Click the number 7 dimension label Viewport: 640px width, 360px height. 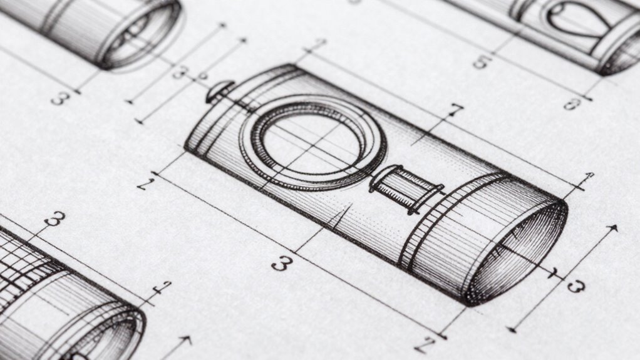click(455, 111)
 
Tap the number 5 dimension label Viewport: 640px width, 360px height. click(482, 61)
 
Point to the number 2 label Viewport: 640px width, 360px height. click(145, 183)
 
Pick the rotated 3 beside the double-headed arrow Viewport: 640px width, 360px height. click(575, 286)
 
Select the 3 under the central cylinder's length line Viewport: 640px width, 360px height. click(282, 263)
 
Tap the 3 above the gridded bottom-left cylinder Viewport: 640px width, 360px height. click(55, 219)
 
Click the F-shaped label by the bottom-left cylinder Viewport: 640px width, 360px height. click(162, 289)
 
